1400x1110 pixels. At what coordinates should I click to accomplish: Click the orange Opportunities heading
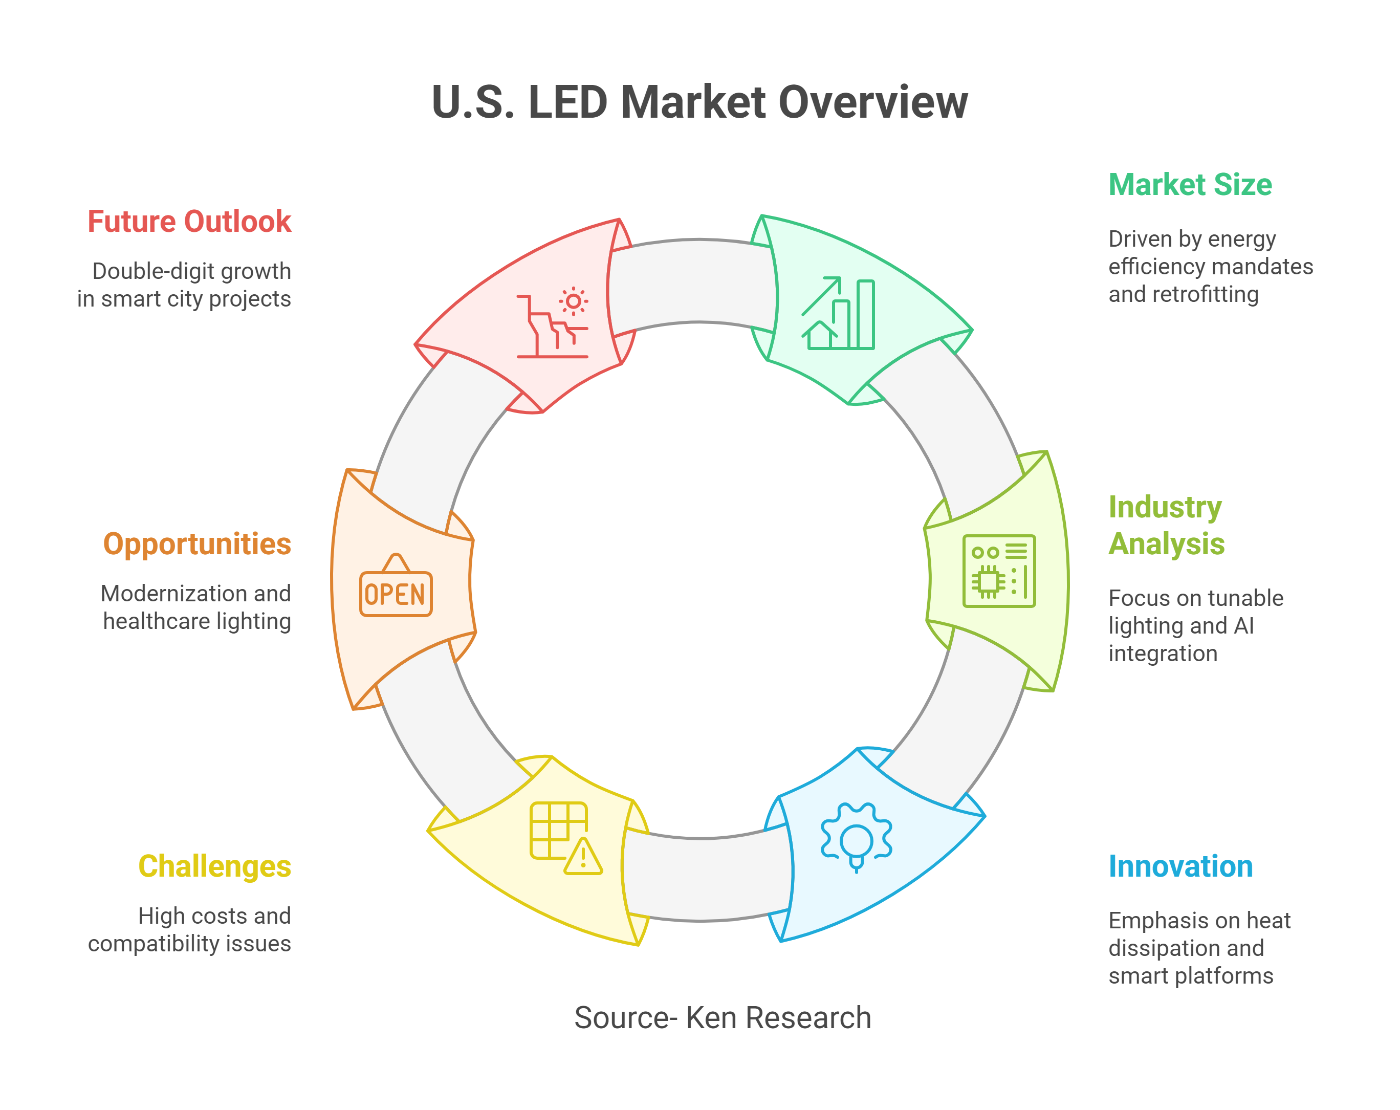pos(198,543)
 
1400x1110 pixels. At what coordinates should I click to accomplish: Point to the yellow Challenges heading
pos(215,866)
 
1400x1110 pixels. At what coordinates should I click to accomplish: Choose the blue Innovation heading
pos(1180,866)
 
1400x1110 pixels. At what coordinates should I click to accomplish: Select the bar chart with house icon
pos(838,313)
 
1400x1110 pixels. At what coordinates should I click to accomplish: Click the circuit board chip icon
pos(999,571)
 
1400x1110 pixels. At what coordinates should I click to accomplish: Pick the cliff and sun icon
pos(553,322)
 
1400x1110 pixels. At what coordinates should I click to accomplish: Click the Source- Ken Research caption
pos(723,1017)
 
